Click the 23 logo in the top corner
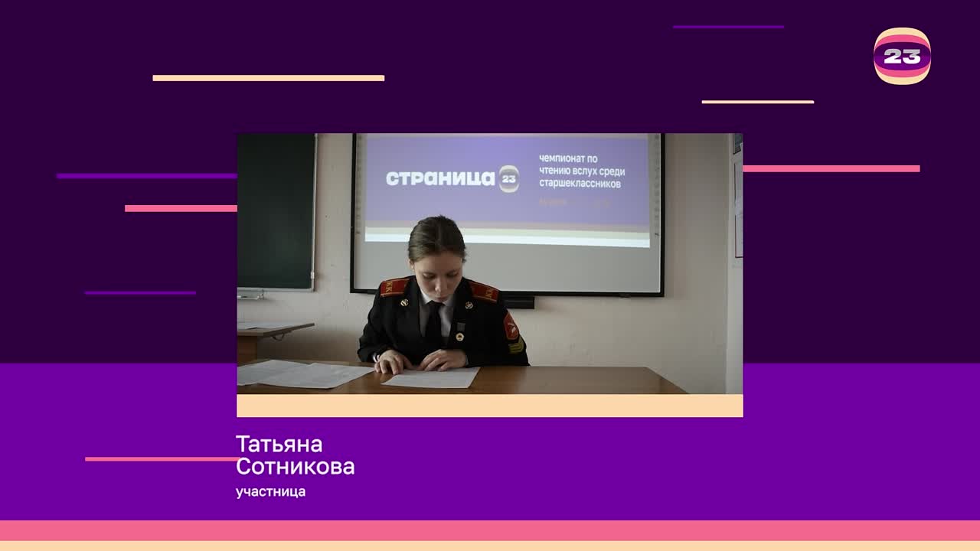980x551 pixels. tap(902, 56)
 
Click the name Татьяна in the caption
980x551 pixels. tap(279, 445)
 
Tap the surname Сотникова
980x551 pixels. tap(295, 467)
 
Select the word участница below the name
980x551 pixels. tap(270, 492)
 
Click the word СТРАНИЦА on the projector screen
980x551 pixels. tap(440, 178)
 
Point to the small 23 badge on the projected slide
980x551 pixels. tap(509, 178)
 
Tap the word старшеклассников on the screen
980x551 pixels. tap(580, 184)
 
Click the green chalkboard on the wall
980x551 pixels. tap(276, 210)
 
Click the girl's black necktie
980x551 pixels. tap(433, 324)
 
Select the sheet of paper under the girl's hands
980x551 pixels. tap(431, 377)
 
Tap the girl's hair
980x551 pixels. tap(436, 234)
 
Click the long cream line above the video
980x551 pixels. tap(268, 78)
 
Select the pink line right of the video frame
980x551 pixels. tap(831, 169)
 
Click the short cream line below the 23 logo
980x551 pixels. tap(757, 102)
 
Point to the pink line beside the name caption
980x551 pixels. tap(161, 459)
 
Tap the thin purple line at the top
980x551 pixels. tap(728, 27)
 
